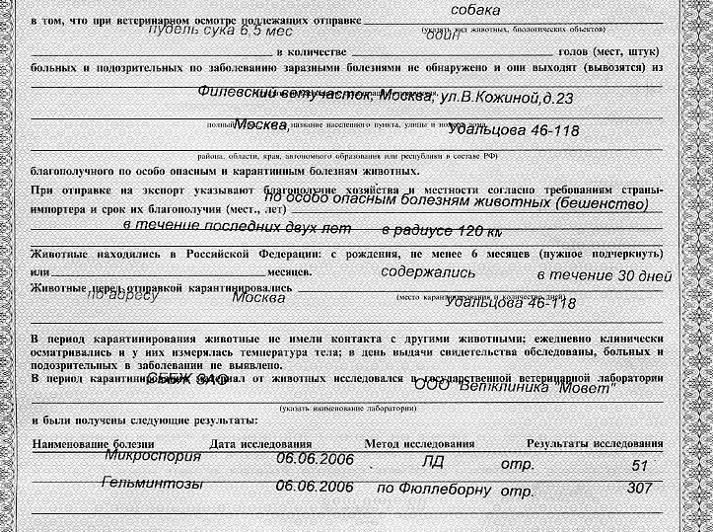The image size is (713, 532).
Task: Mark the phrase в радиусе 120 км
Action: (441, 231)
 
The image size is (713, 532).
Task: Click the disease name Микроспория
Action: (152, 457)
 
